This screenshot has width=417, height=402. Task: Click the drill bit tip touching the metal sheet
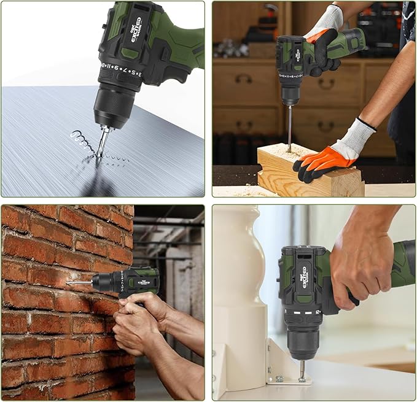(x=99, y=154)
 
